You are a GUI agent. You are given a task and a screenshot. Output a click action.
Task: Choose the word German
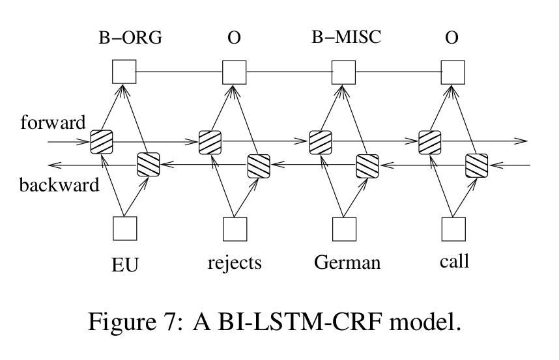coord(345,262)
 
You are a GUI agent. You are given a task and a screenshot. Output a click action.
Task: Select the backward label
coord(59,185)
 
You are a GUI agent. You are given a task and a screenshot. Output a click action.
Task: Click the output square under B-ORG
coord(124,72)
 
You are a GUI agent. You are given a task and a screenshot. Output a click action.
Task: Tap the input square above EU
coord(124,228)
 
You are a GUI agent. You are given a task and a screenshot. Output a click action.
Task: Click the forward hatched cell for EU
coord(102,141)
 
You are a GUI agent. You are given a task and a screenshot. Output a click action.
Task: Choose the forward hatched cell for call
coord(431,141)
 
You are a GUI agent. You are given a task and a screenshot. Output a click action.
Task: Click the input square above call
coord(454,228)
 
